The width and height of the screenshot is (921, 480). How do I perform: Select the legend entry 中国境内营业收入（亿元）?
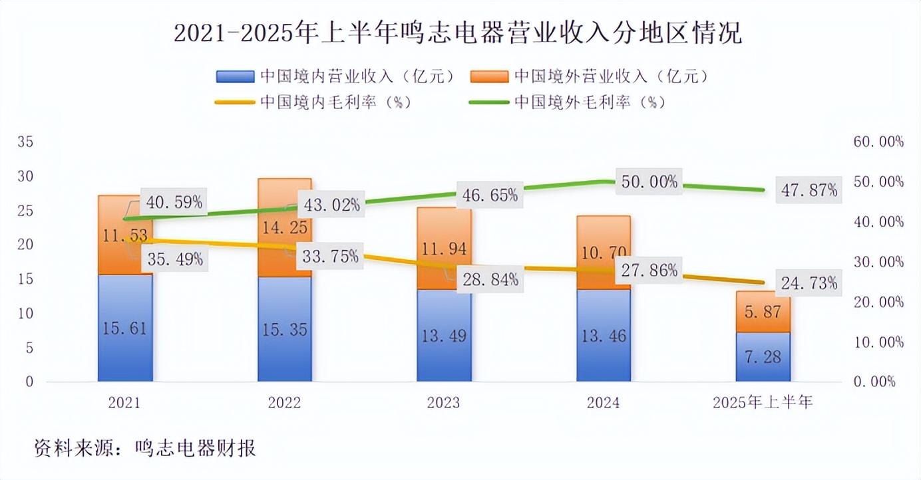337,76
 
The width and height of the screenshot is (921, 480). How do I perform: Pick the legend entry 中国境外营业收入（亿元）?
590,76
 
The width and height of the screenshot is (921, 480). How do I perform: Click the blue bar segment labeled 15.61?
125,328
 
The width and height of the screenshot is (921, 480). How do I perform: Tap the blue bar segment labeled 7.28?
763,357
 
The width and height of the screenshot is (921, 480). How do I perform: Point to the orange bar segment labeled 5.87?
763,312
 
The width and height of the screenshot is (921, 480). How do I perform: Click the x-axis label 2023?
444,403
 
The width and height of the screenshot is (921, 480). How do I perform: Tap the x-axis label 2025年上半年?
763,403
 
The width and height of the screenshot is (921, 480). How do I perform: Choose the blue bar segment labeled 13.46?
604,335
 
